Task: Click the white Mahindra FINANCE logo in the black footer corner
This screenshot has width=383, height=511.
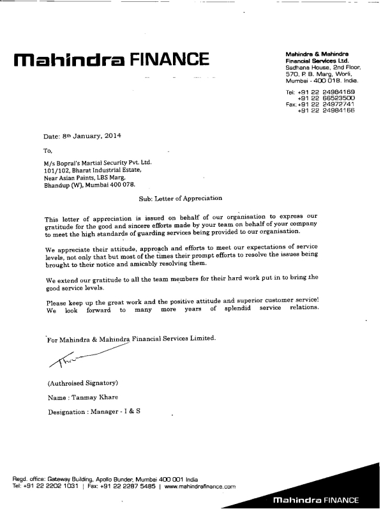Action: (x=315, y=500)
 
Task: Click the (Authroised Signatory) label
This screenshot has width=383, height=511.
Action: (x=82, y=383)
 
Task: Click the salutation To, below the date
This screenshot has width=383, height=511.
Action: (x=48, y=151)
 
